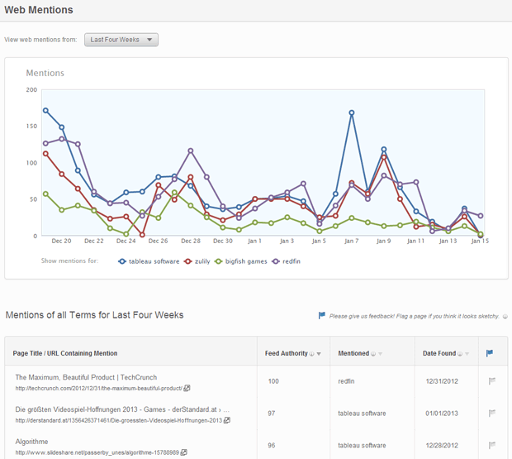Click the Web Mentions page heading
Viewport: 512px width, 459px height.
(x=39, y=10)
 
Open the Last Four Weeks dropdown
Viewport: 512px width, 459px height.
(x=121, y=40)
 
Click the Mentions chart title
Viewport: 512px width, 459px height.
(x=45, y=73)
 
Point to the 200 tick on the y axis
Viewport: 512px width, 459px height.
(x=31, y=89)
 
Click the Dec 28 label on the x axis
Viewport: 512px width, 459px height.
(x=190, y=241)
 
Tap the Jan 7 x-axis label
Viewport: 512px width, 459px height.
(x=351, y=241)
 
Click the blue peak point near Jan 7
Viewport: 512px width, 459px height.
(x=352, y=112)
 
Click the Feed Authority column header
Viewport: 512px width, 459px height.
(x=289, y=353)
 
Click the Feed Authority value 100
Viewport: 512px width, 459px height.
(x=274, y=381)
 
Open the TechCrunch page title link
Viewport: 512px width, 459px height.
(x=86, y=377)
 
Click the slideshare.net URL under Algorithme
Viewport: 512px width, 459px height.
(x=97, y=452)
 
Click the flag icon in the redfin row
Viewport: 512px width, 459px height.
(x=492, y=381)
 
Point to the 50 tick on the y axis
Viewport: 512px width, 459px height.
(x=33, y=199)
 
